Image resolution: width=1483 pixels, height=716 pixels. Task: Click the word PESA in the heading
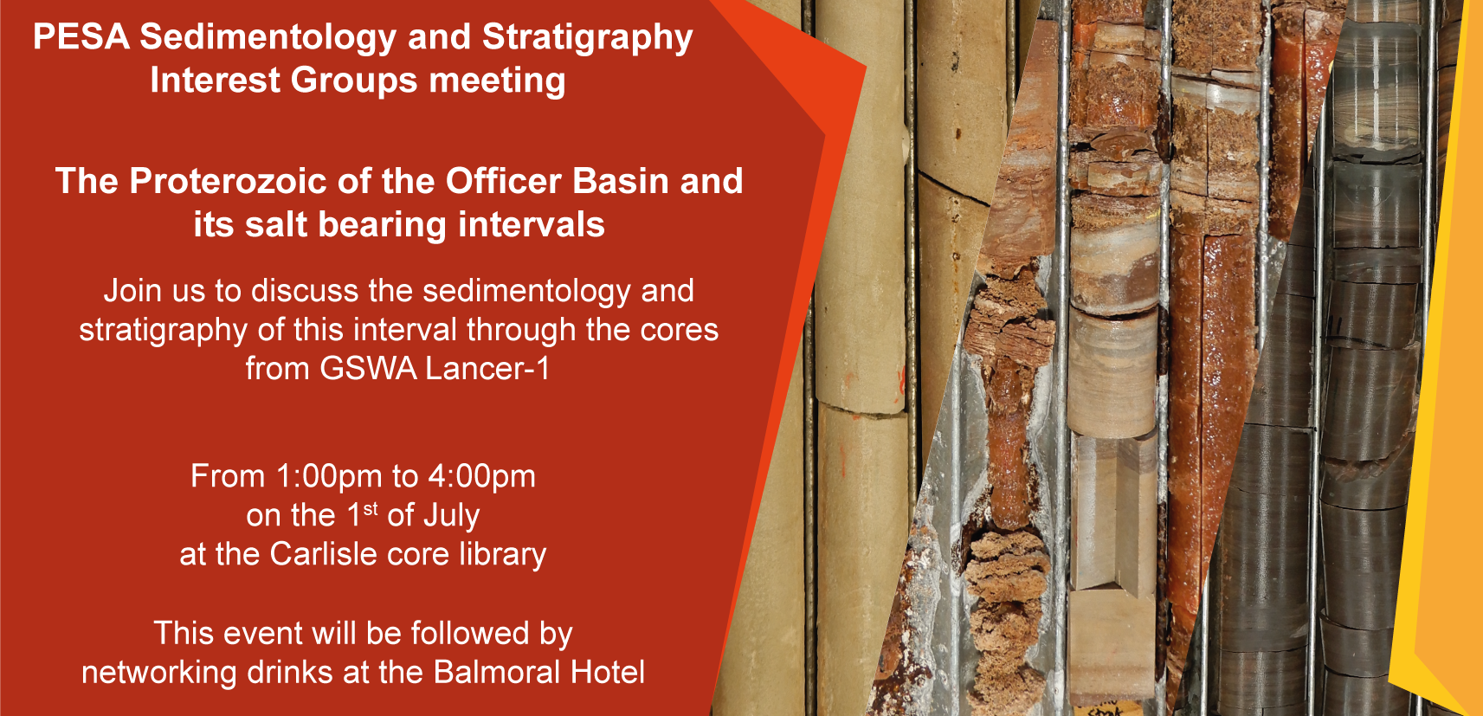click(81, 36)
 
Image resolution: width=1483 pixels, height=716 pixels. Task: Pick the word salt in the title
click(274, 224)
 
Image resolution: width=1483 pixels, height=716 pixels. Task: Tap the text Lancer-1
click(487, 369)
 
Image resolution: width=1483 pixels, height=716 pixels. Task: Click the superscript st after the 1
click(371, 509)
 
